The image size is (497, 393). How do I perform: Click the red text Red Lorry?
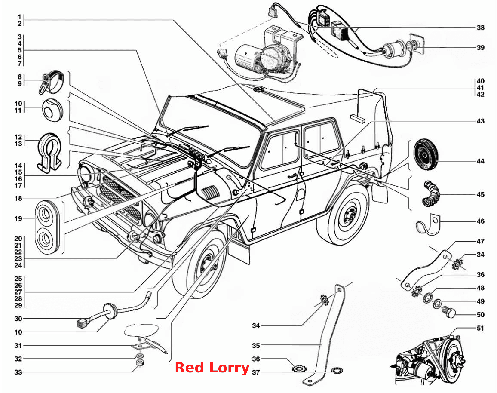coord(212,368)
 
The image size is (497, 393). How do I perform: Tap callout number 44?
coord(481,161)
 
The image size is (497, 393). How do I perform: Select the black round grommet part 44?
coord(426,155)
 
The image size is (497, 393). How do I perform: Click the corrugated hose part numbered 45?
coord(430,193)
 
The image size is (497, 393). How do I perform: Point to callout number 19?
coord(18,218)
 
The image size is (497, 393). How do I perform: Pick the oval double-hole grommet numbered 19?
coord(47,227)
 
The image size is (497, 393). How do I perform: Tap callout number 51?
coord(481,328)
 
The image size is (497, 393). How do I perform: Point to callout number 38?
coord(481,28)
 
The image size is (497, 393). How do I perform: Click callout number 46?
coord(481,221)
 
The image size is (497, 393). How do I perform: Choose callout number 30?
coord(18,319)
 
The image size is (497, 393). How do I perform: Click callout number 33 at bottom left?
coord(18,372)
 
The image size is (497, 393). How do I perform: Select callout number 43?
coord(481,121)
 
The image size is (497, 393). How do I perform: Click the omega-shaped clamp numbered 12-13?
coord(50,153)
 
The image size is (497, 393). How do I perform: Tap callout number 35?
coord(256,345)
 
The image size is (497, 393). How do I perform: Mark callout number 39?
coord(481,48)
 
